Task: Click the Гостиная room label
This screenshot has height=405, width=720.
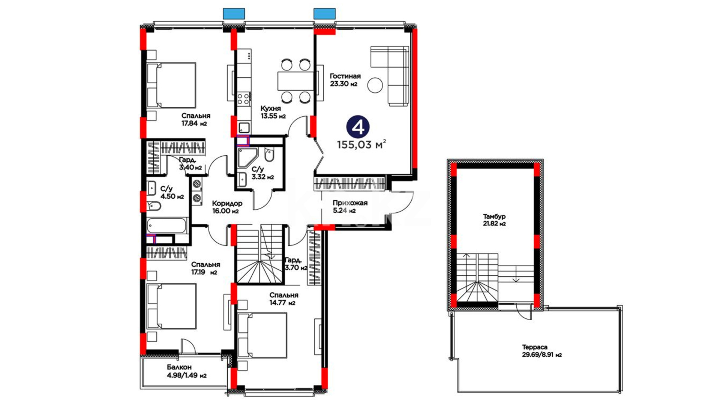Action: (x=345, y=76)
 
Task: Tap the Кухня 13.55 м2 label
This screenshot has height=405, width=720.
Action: (x=273, y=112)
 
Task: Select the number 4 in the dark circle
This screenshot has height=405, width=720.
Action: (x=358, y=127)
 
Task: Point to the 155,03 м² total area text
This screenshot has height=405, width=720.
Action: (x=361, y=144)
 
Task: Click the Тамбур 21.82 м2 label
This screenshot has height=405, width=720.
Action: (x=494, y=220)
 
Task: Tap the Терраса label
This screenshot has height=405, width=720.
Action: (x=535, y=347)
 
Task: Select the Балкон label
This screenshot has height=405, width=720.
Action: (x=179, y=367)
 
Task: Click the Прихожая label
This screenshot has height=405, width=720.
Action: (x=350, y=203)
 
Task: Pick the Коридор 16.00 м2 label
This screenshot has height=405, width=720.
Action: (x=227, y=207)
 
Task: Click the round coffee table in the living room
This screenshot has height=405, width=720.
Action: (x=375, y=85)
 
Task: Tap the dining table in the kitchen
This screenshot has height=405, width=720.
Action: (x=295, y=81)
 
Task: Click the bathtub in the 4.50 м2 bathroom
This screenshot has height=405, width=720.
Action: (x=166, y=225)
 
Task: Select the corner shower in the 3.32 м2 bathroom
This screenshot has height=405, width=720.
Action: (x=247, y=157)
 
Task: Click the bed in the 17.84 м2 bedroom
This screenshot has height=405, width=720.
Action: (x=171, y=85)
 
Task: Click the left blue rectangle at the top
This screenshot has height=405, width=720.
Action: (x=234, y=13)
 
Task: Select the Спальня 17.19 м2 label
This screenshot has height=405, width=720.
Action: (x=205, y=268)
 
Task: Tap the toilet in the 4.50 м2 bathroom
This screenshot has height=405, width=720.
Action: (x=154, y=206)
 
